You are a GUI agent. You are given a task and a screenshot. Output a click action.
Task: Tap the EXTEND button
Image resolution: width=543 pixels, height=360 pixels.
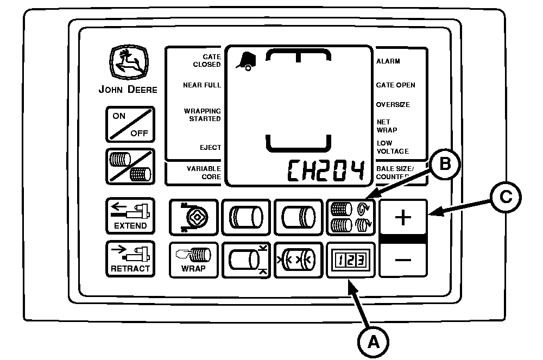tap(130, 216)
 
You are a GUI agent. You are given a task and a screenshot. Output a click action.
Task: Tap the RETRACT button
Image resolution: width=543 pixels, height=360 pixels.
tap(130, 259)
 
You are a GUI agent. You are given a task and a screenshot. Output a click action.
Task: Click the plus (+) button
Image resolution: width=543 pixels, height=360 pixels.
tap(403, 217)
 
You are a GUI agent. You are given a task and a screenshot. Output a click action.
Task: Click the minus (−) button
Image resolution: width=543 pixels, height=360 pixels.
tap(403, 260)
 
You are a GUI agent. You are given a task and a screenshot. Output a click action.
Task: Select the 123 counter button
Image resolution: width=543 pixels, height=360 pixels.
tap(351, 260)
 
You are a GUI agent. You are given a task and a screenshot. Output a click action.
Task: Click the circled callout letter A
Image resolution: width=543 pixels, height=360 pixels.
tap(374, 342)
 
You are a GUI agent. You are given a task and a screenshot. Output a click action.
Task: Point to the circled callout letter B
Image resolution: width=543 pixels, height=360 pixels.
tap(445, 164)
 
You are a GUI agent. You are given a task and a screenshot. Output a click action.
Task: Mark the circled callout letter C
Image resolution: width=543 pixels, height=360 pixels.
tap(506, 197)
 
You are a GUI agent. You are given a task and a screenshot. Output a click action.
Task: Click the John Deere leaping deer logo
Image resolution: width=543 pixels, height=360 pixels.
tap(129, 62)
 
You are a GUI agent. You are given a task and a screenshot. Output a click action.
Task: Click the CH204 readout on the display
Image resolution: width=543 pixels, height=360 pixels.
tap(326, 170)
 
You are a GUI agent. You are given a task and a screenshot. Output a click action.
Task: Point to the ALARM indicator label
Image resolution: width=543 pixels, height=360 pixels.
tap(388, 61)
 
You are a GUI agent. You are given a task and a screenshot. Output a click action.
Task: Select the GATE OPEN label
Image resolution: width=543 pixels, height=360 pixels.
tap(395, 85)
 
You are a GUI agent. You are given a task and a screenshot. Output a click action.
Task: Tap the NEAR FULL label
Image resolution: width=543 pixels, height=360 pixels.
tap(202, 85)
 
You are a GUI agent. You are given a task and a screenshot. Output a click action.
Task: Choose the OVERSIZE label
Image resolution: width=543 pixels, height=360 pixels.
tap(393, 105)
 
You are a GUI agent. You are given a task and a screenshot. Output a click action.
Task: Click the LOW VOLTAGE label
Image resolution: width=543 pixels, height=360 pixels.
tap(393, 147)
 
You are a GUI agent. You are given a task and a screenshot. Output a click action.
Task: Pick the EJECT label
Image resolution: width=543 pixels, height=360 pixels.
tap(210, 148)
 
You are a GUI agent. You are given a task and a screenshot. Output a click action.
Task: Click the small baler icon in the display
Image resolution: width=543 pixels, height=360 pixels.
tap(246, 61)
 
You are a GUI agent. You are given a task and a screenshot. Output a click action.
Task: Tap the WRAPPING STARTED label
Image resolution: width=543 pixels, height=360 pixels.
tap(202, 115)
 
